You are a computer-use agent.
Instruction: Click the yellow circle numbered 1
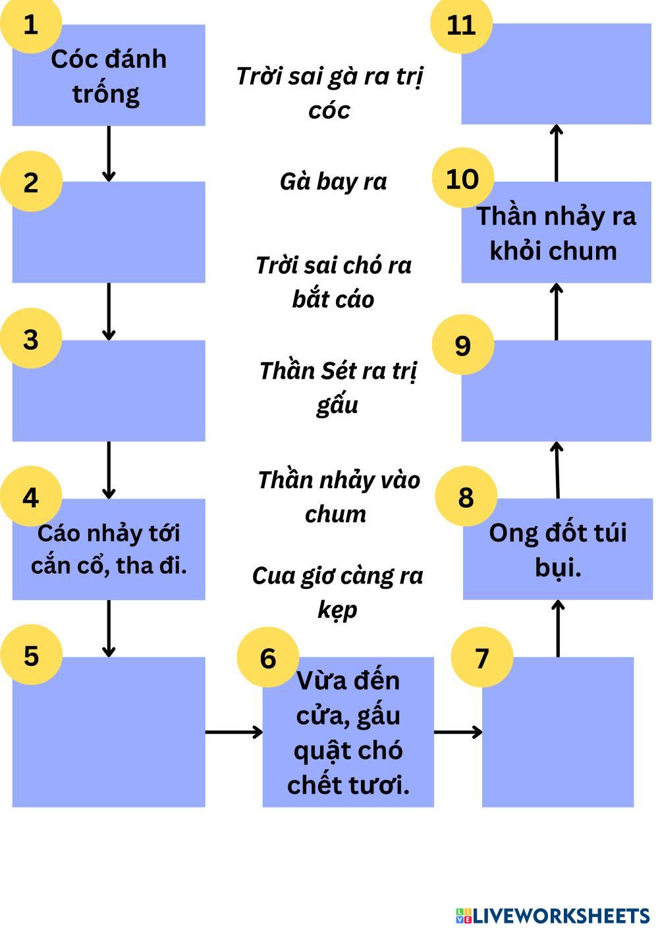tap(30, 25)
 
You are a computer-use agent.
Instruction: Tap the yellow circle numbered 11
tap(461, 25)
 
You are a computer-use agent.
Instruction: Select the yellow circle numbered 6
tap(267, 658)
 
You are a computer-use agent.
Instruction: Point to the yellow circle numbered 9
tap(463, 345)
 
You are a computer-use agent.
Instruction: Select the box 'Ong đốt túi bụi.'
tap(558, 550)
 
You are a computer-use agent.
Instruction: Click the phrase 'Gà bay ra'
tap(333, 181)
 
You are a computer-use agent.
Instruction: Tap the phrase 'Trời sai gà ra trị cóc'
tap(329, 93)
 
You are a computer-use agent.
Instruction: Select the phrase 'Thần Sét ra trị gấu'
tap(337, 387)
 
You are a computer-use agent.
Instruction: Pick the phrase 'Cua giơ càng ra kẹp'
tap(337, 592)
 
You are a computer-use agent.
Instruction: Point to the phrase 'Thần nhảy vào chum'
tap(338, 497)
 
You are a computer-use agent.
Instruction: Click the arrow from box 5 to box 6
tap(234, 731)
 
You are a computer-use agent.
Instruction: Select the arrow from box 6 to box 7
tap(458, 731)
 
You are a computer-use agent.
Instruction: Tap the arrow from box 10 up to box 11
tap(557, 153)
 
